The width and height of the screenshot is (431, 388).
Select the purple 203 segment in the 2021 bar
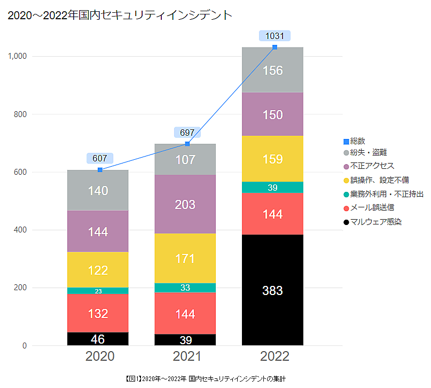pyautogui.click(x=185, y=204)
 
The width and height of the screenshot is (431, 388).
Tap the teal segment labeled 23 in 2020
pyautogui.click(x=98, y=291)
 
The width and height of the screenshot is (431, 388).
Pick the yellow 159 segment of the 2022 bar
pyautogui.click(x=272, y=159)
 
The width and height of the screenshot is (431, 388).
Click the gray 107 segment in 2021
pyautogui.click(x=185, y=159)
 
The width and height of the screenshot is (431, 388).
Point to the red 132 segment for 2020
pyautogui.click(x=98, y=313)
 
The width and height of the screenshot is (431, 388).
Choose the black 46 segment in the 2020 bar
pyautogui.click(x=98, y=339)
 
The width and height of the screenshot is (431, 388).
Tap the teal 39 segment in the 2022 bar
pyautogui.click(x=272, y=188)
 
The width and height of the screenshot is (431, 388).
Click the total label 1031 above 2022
pyautogui.click(x=275, y=36)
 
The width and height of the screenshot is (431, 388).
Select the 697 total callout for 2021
pyautogui.click(x=187, y=132)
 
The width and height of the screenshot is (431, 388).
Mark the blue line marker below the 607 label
pyautogui.click(x=100, y=170)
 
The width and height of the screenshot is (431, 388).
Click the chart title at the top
pyautogui.click(x=120, y=15)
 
